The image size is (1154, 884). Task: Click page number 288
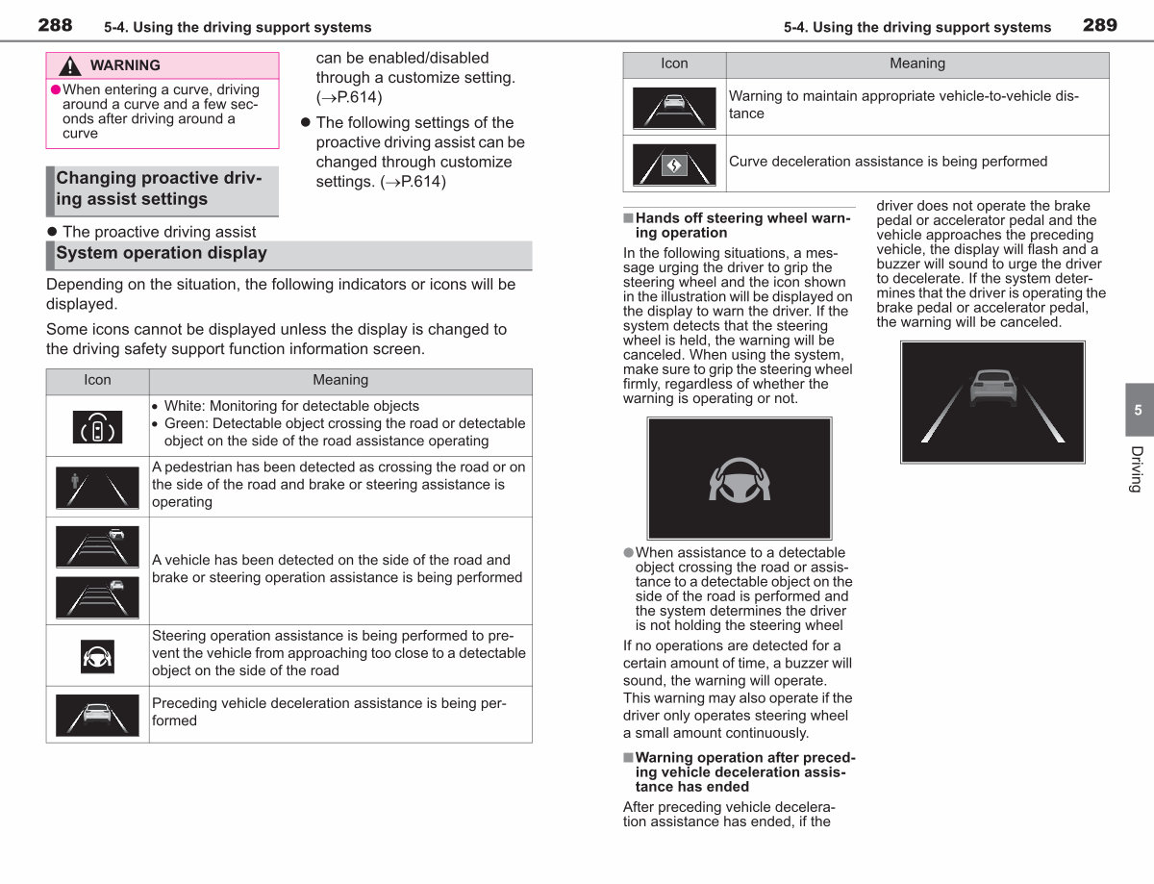55,25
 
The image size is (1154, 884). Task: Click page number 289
1100,25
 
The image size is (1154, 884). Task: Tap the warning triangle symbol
69,65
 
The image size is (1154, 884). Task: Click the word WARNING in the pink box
125,65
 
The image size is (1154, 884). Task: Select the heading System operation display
162,253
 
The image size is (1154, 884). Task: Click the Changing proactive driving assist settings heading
159,188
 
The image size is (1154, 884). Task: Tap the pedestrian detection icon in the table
97,488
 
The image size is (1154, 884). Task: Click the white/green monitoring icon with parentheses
97,427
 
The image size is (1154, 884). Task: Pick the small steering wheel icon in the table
97,656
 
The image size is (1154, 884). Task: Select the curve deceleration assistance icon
674,164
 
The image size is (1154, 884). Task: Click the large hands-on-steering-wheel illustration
740,479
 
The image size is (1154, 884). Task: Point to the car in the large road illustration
993,388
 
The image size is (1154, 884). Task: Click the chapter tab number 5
1138,410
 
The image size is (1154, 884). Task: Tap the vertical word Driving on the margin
1137,469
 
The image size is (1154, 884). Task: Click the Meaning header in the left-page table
340,380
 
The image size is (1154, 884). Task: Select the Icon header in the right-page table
674,63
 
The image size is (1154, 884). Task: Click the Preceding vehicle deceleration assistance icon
97,715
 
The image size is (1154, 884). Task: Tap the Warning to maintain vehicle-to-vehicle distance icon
674,109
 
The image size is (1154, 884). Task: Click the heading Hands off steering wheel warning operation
742,225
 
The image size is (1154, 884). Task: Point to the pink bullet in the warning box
55,89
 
